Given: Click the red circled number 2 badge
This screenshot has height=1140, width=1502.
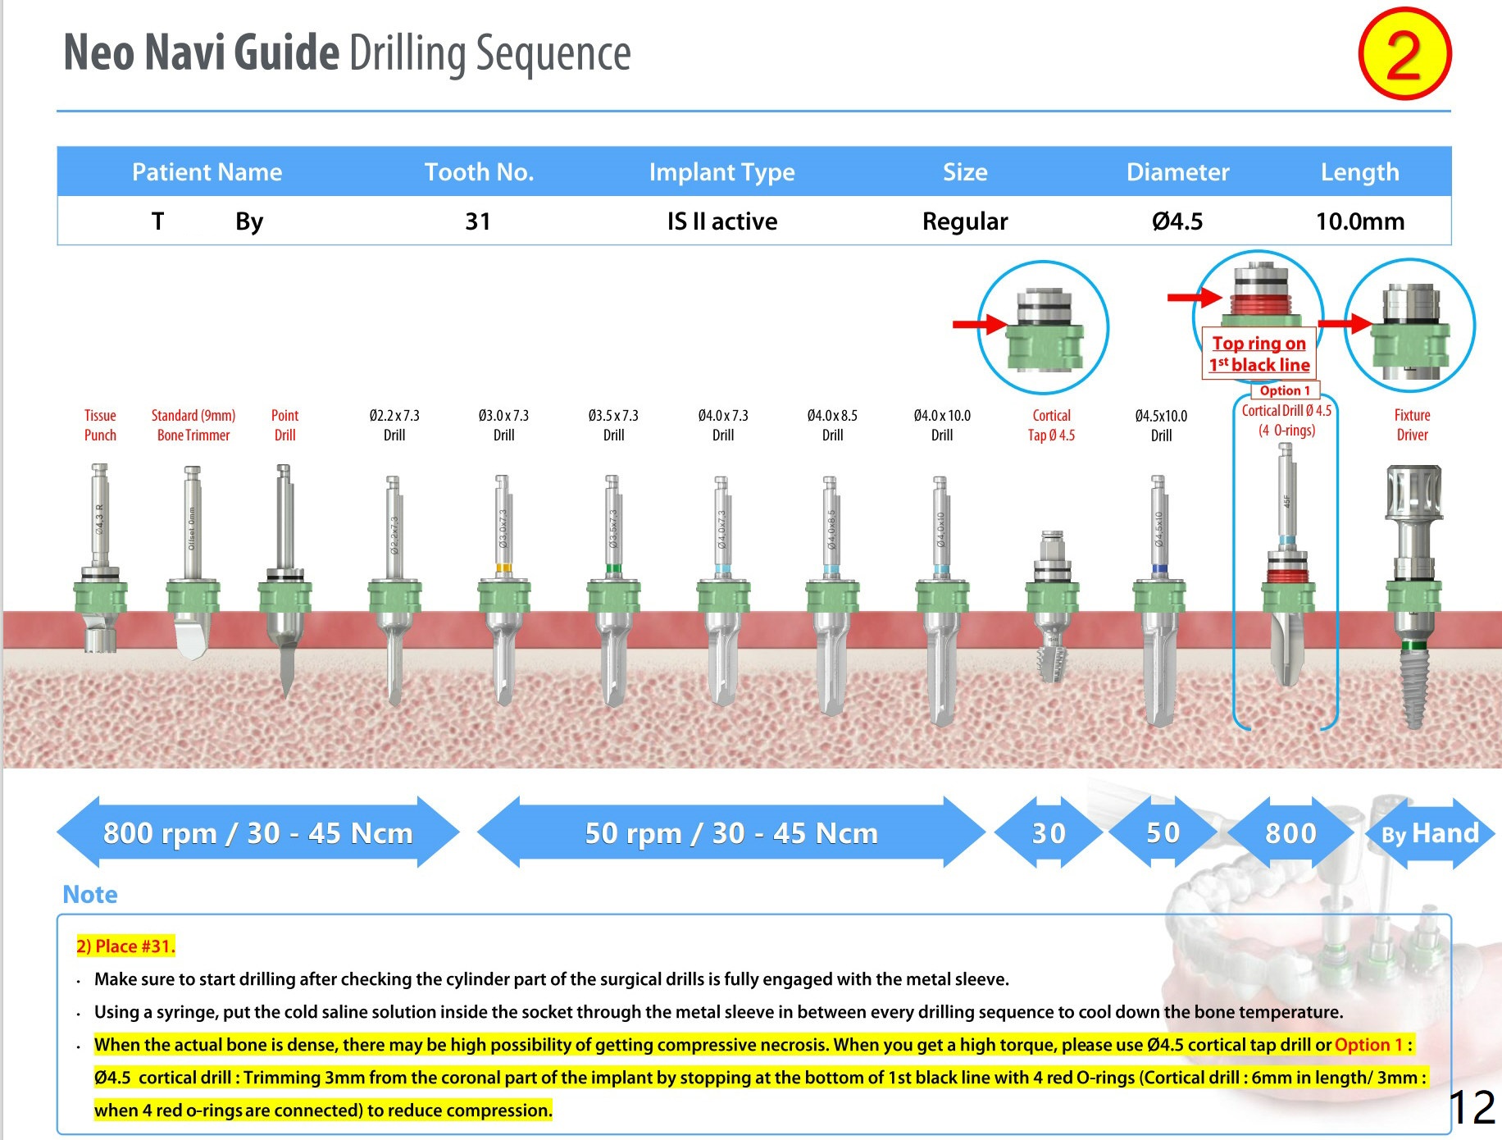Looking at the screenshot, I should coord(1404,54).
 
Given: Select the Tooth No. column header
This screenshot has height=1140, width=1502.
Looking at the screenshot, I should coord(479,172).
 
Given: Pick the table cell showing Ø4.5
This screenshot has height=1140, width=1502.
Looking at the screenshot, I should coord(1177,221).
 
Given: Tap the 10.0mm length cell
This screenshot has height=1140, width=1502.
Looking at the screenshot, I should coord(1359,221).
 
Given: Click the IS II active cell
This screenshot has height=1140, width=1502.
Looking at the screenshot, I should coord(721,221).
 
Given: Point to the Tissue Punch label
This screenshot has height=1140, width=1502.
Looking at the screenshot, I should coord(100,425).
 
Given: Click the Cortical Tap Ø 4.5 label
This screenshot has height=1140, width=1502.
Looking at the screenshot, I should coord(1051,425).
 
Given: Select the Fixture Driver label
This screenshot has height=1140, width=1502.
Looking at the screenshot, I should coord(1412,425).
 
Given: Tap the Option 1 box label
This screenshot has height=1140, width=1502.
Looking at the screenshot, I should coord(1285,390).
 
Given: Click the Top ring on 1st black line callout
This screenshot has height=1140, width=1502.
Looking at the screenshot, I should coord(1259,353).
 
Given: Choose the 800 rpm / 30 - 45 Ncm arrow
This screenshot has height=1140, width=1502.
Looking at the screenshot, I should coord(257,833).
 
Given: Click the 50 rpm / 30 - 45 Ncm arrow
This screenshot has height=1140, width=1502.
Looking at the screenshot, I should coord(731,833).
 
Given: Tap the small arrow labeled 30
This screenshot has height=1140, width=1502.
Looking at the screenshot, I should coord(1049,833).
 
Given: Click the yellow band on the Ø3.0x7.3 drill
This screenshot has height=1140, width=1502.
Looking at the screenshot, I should coord(503,568).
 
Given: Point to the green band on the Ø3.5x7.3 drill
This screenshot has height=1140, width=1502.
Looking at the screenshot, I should coord(612,568).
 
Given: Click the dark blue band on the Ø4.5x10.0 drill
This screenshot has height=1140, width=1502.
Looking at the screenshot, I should coord(1158,568).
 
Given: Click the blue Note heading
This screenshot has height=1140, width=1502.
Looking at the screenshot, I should coord(90,894).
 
